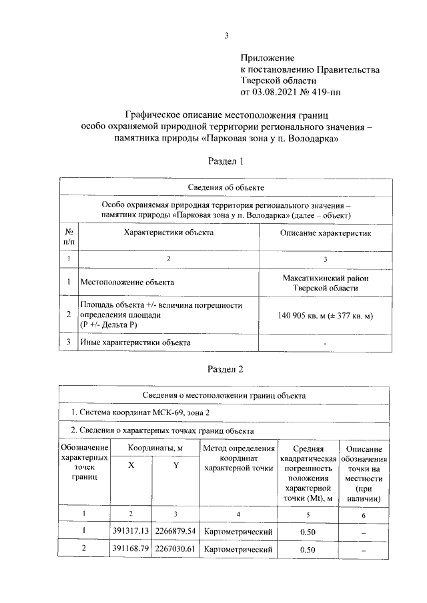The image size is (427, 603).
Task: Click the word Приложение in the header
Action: point(266,59)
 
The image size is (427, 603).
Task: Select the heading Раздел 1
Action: point(226,161)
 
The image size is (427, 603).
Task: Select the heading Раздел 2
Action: point(226,368)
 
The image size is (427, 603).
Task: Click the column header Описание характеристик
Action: point(325,233)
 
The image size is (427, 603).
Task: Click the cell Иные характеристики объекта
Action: point(135,342)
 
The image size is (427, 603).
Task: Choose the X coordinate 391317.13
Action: point(131,531)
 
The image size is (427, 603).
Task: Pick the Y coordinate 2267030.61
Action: point(175,550)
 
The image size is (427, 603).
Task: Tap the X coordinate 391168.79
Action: point(131,550)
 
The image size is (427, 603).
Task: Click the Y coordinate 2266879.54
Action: point(175,531)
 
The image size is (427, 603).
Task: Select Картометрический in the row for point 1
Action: point(238,531)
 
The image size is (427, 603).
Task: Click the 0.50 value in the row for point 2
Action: point(308,550)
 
